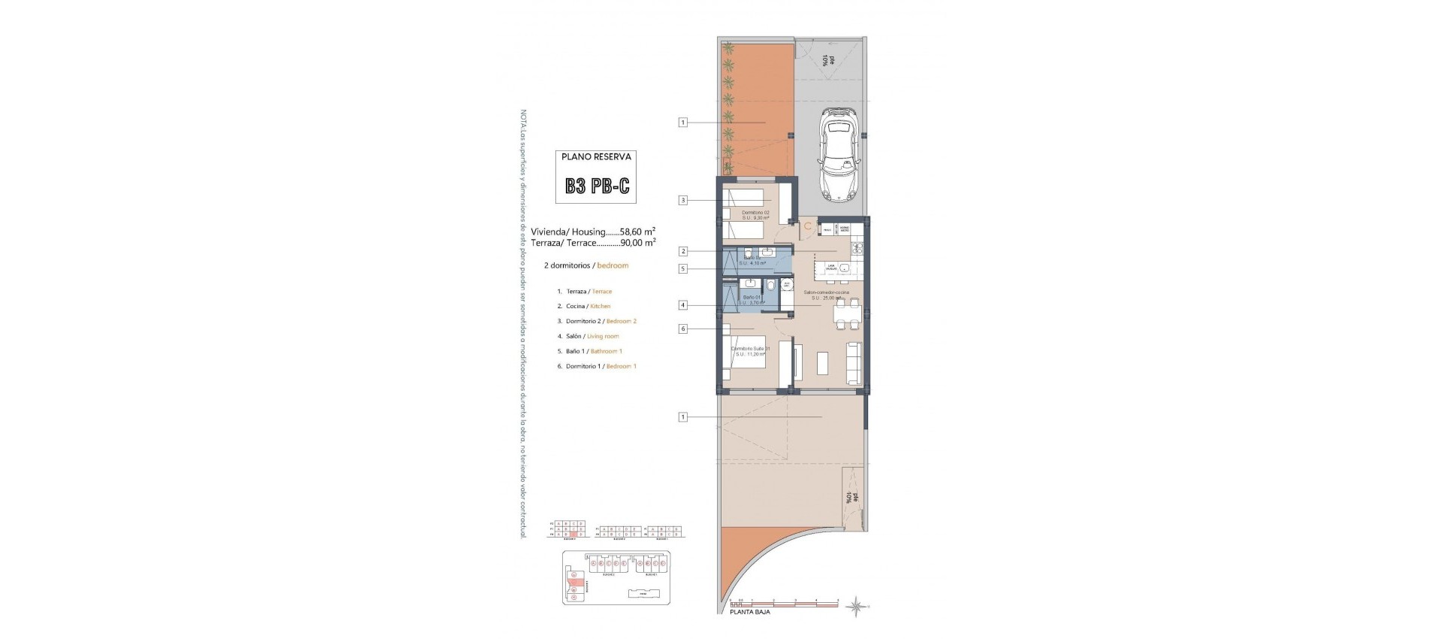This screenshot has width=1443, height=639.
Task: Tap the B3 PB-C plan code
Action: tap(597, 186)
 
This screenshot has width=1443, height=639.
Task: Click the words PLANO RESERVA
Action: tap(597, 157)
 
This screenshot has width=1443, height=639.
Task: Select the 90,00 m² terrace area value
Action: tap(637, 243)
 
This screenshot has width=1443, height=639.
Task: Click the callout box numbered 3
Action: tap(683, 200)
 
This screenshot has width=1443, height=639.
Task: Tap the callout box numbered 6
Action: tap(683, 329)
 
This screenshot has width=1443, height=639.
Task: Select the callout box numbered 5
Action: tap(683, 269)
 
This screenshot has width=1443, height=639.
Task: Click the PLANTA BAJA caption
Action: tap(750, 612)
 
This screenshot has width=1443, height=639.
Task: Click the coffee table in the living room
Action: tap(823, 365)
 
